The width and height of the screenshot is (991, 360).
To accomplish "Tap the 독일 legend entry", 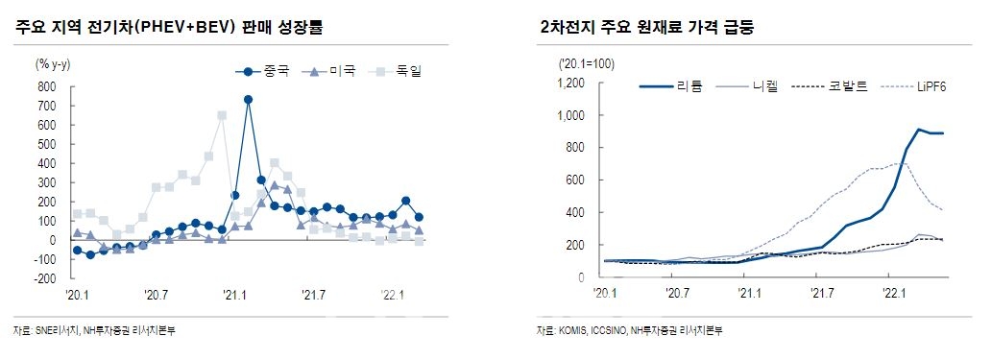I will (396, 70).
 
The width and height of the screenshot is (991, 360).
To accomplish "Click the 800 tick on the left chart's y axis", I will (45, 86).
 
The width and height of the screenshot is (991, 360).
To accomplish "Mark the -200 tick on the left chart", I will (43, 278).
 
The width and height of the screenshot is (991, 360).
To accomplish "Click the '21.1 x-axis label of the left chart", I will (235, 294).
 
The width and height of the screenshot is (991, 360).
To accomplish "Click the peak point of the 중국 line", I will (248, 99).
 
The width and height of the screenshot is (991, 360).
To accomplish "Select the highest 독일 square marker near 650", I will (222, 115).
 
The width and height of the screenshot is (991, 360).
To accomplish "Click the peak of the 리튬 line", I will (919, 130).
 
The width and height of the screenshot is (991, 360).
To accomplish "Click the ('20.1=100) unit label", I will (587, 63).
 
